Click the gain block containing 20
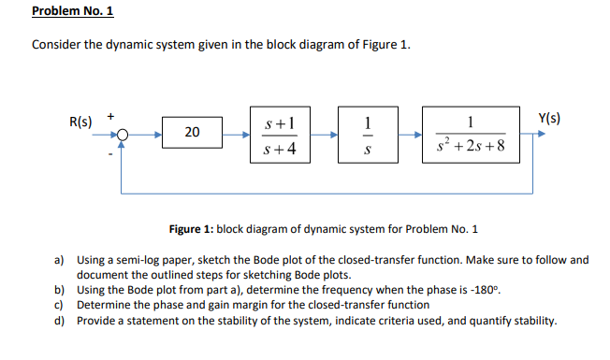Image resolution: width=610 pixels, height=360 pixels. pyautogui.click(x=192, y=133)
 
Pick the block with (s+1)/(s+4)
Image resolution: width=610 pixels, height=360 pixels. pyautogui.click(x=282, y=134)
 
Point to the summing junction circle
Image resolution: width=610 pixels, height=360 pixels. pyautogui.click(x=121, y=134)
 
